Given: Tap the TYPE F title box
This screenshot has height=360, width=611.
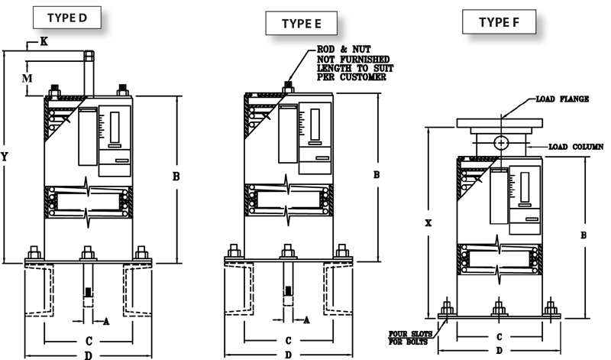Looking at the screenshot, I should coord(498,22).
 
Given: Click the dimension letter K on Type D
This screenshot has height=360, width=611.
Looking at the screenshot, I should coord(44,43).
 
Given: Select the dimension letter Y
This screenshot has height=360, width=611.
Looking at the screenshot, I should coord(6,156).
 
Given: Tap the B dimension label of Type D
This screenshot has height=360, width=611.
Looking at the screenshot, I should coord(176,177).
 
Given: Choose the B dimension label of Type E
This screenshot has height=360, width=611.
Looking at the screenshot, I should coord(376,175).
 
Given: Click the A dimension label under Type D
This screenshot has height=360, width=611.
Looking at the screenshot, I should coord(106,321).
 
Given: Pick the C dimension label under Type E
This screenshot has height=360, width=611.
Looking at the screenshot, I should coord(288,340).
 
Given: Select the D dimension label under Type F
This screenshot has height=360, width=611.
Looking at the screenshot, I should coord(498,350).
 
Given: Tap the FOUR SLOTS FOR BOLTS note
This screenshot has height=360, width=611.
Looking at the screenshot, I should coord(411,336).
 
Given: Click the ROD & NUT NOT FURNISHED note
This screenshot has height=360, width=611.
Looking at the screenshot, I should coord(354,64).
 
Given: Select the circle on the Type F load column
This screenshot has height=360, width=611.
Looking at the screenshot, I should coord(500,142).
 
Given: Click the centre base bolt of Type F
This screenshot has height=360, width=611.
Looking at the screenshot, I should coord(499,308).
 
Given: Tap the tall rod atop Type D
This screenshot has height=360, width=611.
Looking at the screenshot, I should coord(87,73).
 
